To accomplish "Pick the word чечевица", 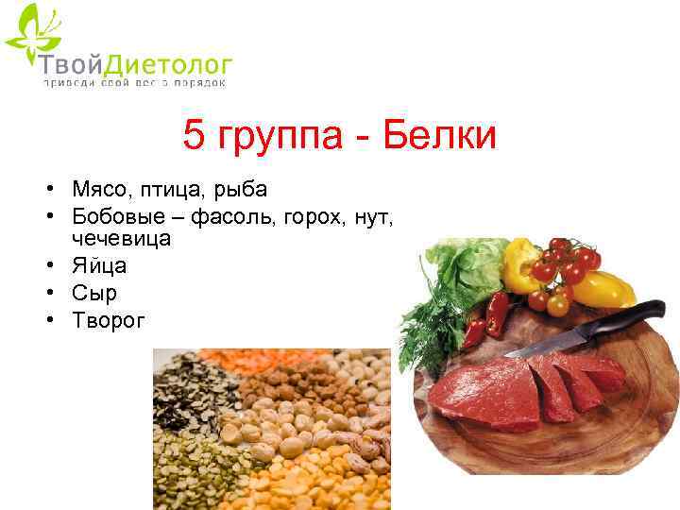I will coord(121,238).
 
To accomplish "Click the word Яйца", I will coord(99,266).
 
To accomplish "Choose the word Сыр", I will coord(94,293).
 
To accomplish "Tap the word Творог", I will coord(109,320).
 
